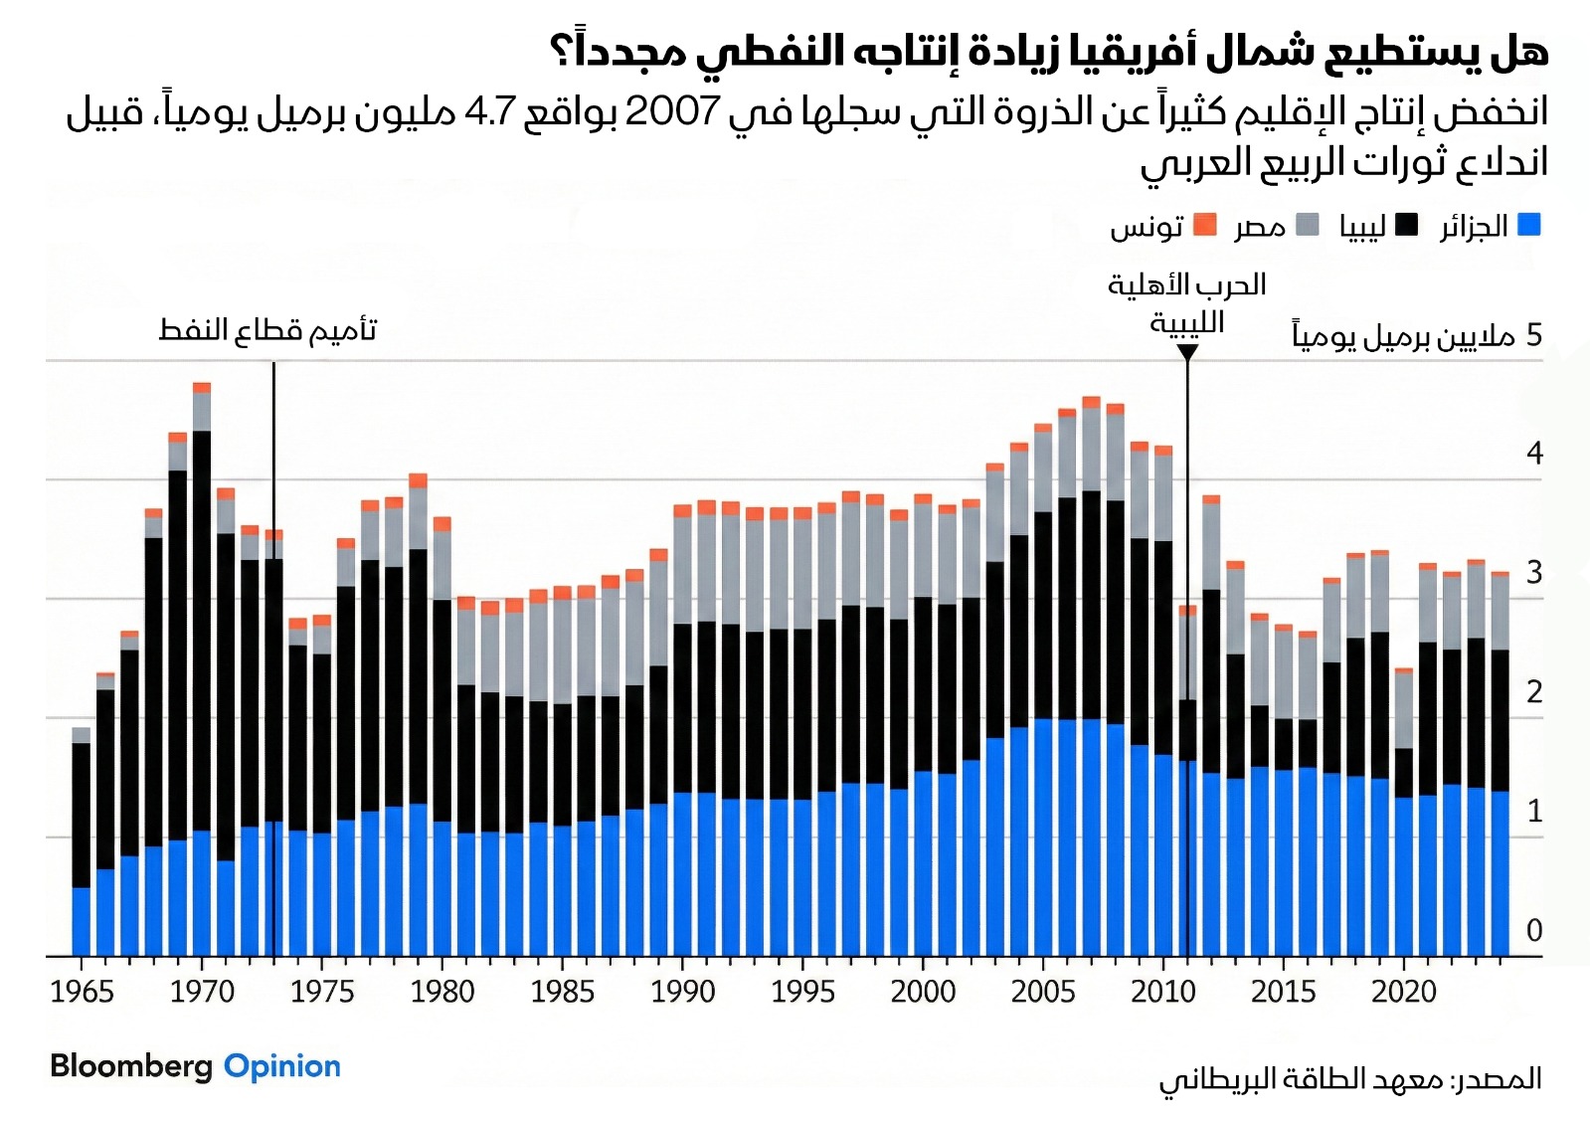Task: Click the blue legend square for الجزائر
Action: coord(1529,225)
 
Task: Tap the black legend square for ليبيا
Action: coord(1406,225)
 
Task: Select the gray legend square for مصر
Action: coord(1308,225)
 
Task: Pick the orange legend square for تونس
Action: coord(1204,225)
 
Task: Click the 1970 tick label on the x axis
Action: coord(202,992)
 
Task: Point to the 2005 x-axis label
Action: coord(1043,992)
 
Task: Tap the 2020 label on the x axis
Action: coord(1403,992)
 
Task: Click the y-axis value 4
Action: coord(1534,454)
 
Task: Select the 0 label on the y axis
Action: coord(1534,931)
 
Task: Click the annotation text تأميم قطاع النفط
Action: coord(267,330)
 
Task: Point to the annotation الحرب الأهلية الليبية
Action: coord(1186,303)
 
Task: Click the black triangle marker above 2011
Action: coord(1187,352)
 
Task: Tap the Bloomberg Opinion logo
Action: coord(195,1066)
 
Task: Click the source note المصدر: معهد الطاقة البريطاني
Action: coord(1349,1079)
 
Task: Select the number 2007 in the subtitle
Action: coord(671,111)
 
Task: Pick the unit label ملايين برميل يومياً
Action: coord(1403,336)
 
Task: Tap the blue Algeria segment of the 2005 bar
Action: coord(1043,836)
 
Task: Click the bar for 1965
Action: coord(82,845)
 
